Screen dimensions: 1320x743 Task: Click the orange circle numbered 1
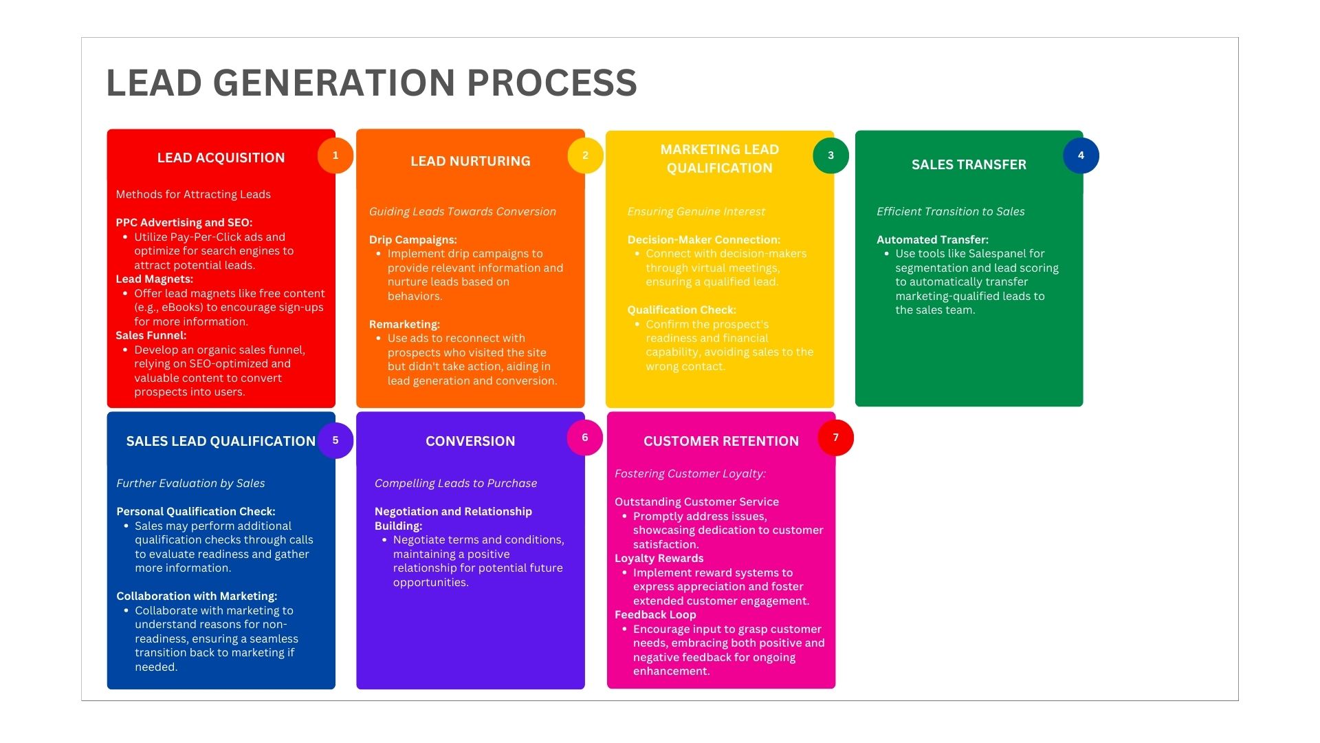[x=335, y=155]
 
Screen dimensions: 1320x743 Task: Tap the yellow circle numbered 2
[x=585, y=155]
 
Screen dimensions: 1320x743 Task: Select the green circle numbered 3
[x=830, y=155]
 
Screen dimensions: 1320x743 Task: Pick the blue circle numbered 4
[x=1081, y=155]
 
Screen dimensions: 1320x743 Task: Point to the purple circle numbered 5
[x=335, y=440]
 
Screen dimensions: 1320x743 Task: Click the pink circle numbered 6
[x=585, y=438]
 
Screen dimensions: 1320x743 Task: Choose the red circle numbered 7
[x=835, y=438]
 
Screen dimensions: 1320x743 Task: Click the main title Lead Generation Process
[x=371, y=83]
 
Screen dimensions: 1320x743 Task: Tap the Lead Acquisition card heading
[x=221, y=158]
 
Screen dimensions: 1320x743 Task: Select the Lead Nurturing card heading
[x=470, y=161]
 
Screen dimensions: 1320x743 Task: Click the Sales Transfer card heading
[x=969, y=164]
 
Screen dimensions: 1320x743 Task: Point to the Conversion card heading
[x=470, y=441]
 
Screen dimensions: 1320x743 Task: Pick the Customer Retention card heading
[x=721, y=441]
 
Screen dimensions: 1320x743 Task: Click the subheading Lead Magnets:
[x=154, y=279]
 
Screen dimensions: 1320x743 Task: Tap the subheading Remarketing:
[x=404, y=325]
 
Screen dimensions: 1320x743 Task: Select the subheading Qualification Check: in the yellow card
[x=681, y=310]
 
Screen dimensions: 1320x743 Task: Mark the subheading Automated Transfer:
[x=932, y=240]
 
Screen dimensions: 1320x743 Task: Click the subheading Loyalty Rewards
[x=659, y=559]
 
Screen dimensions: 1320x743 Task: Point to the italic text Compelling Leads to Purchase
[x=456, y=484]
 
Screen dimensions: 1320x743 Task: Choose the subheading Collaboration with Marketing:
[x=197, y=596]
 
